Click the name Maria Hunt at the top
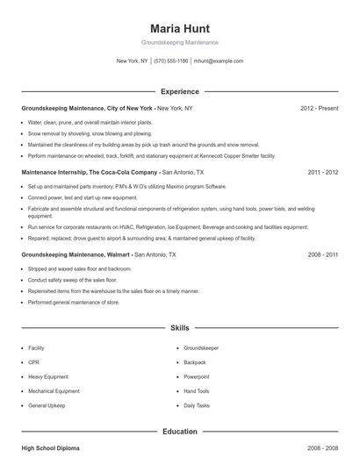point(180,28)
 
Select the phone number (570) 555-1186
point(170,61)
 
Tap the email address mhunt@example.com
point(219,61)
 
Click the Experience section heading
point(180,91)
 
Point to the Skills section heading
point(180,328)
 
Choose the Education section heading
point(180,432)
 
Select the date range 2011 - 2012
point(323,173)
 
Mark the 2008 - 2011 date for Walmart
point(323,254)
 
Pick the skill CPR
point(33,362)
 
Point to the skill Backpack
point(195,362)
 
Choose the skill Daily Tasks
point(197,406)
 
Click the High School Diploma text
point(50,448)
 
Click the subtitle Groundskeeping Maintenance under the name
point(180,42)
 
